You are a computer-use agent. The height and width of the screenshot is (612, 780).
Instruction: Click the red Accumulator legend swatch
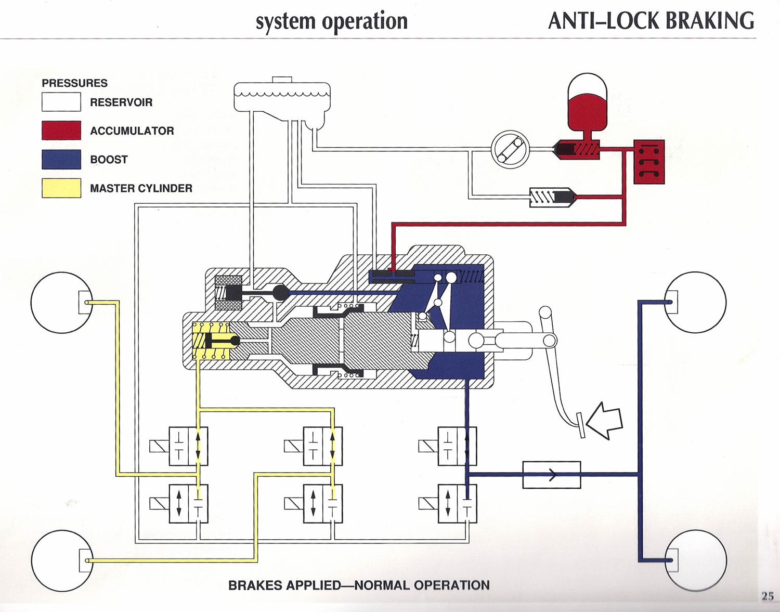pyautogui.click(x=61, y=131)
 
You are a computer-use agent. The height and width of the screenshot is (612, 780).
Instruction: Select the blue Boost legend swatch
pyautogui.click(x=61, y=160)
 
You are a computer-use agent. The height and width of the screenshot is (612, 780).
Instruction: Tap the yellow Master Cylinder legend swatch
pyautogui.click(x=61, y=188)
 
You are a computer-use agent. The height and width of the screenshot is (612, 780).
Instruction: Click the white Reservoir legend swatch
pyautogui.click(x=61, y=102)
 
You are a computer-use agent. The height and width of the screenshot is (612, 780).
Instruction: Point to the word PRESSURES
pyautogui.click(x=75, y=83)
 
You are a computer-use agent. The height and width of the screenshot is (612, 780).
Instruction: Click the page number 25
pyautogui.click(x=768, y=596)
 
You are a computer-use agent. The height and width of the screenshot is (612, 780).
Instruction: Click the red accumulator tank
pyautogui.click(x=588, y=102)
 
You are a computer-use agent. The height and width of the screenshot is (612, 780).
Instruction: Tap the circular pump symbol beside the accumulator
pyautogui.click(x=510, y=149)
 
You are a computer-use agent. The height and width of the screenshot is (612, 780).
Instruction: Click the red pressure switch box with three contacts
pyautogui.click(x=649, y=162)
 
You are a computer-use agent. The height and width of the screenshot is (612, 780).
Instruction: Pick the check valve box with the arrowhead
pyautogui.click(x=552, y=475)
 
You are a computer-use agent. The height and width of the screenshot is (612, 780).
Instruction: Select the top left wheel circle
pyautogui.click(x=62, y=303)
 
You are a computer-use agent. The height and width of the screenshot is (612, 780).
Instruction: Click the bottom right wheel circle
pyautogui.click(x=696, y=561)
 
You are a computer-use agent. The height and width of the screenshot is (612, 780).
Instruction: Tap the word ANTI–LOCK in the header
pyautogui.click(x=604, y=21)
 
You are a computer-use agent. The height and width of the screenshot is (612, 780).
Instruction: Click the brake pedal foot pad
pyautogui.click(x=580, y=425)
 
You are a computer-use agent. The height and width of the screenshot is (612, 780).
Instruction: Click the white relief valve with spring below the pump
pyautogui.click(x=553, y=197)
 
